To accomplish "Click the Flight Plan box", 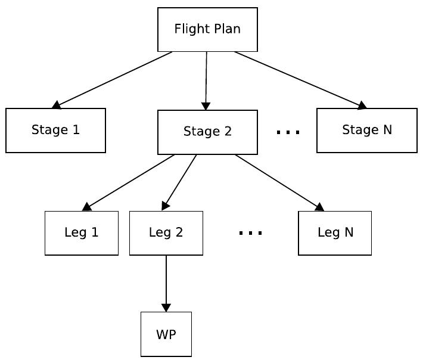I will pyautogui.click(x=207, y=29).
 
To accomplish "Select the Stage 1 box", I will pyautogui.click(x=55, y=130).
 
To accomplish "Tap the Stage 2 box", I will pyautogui.click(x=207, y=132).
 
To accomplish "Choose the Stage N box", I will pyautogui.click(x=366, y=130).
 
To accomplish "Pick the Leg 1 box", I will pyautogui.click(x=82, y=233).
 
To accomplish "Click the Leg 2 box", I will pyautogui.click(x=166, y=233).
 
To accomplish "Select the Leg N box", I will pyautogui.click(x=335, y=233).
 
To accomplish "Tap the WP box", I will pyautogui.click(x=166, y=334).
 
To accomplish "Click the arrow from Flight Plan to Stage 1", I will pyautogui.click(x=113, y=79).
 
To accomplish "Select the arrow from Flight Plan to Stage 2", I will pyautogui.click(x=206, y=80).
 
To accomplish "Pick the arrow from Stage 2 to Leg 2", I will pyautogui.click(x=179, y=182).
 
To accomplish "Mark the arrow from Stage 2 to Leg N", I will pyautogui.click(x=279, y=182).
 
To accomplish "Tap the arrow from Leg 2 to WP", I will pyautogui.click(x=166, y=283).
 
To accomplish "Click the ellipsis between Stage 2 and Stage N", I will pyautogui.click(x=288, y=132).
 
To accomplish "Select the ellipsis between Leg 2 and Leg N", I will pyautogui.click(x=250, y=233).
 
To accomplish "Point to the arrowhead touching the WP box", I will pyautogui.click(x=166, y=308).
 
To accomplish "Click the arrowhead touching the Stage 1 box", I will pyautogui.click(x=57, y=105).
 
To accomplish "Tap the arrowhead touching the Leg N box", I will pyautogui.click(x=319, y=207).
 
